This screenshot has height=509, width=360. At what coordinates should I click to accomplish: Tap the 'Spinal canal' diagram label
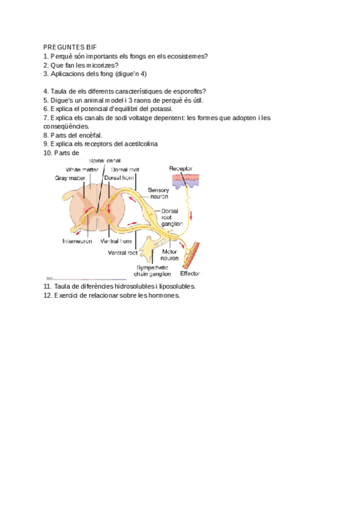[106, 161]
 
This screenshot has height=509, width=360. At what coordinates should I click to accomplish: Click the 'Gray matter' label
[71, 178]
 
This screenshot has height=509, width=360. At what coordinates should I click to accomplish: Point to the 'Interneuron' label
[77, 242]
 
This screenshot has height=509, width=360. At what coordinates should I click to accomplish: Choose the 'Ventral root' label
[122, 253]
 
